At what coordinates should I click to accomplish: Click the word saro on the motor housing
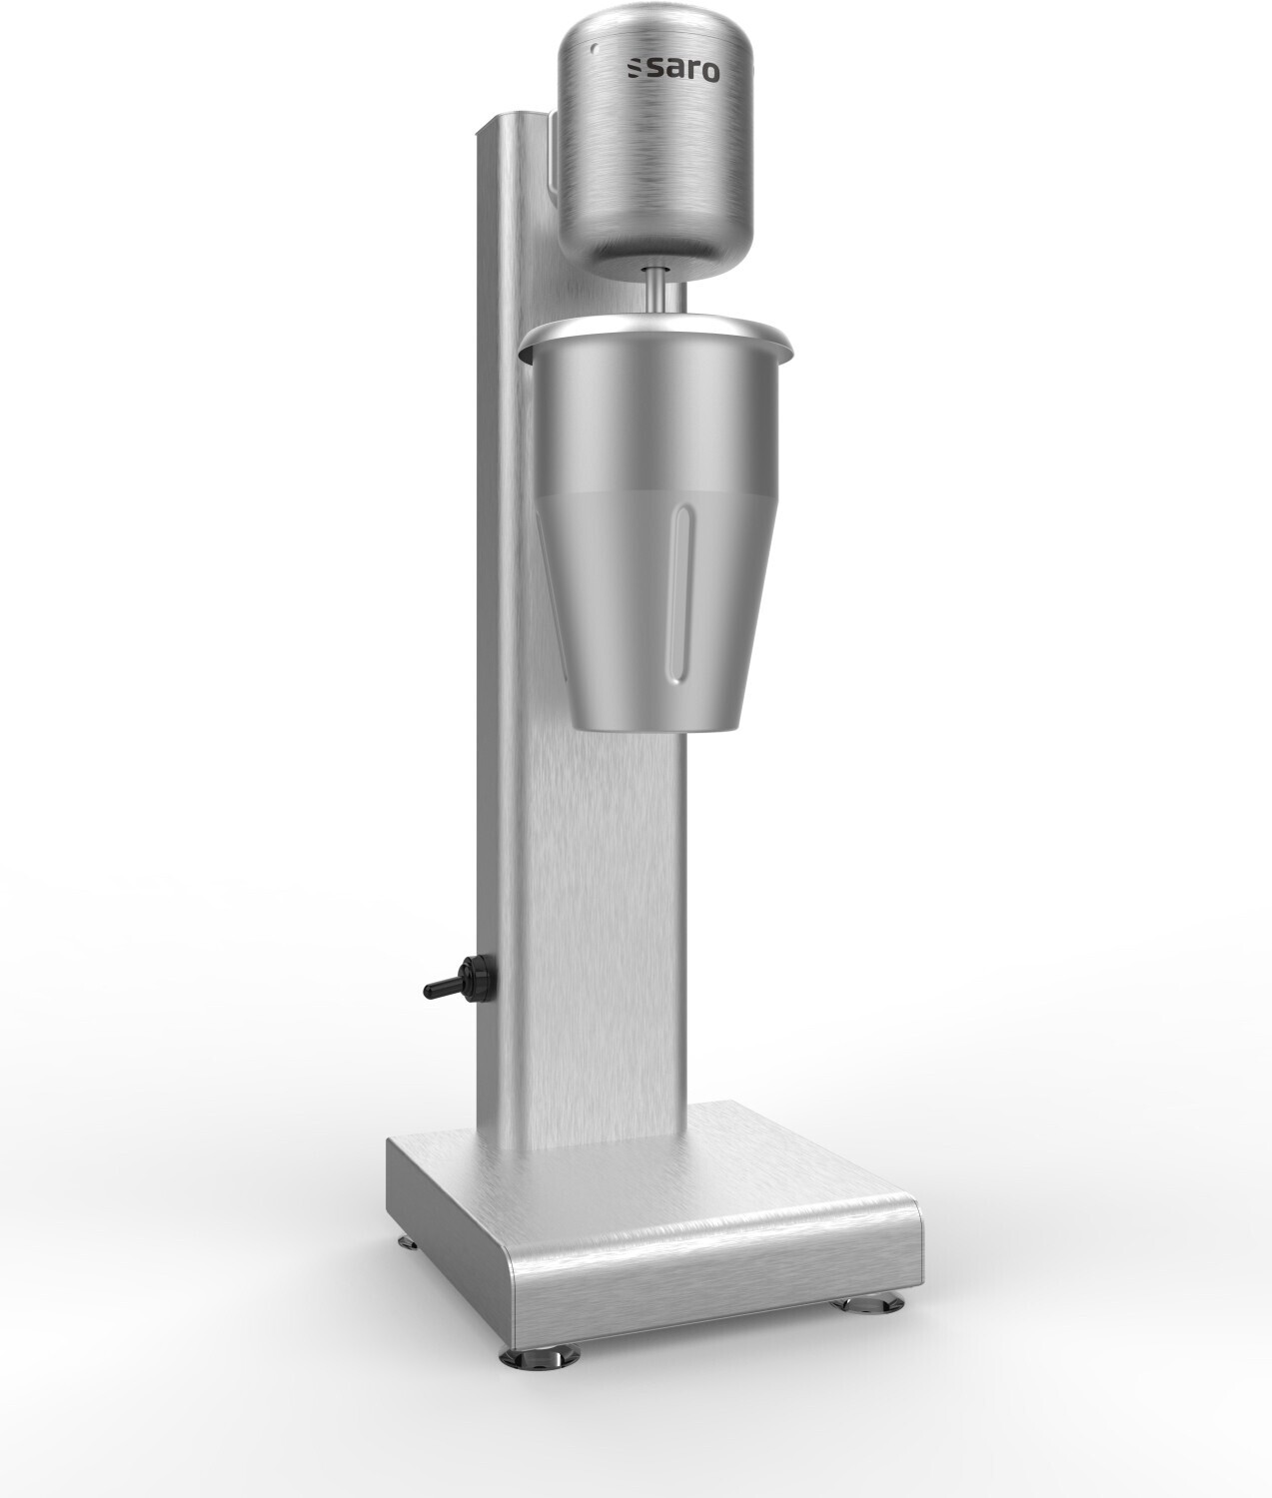679,70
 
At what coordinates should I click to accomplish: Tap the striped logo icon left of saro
633,69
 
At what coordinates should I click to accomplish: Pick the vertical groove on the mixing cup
681,596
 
